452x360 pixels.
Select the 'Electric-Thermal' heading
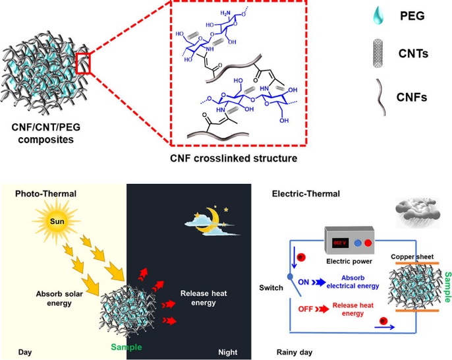[304, 194]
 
